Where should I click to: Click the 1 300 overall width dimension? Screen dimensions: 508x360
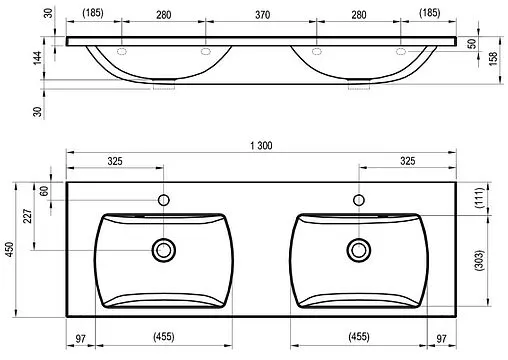tap(261, 146)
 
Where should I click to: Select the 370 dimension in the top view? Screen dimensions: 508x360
tap(262, 15)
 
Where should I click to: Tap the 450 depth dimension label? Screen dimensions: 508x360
tap(10, 249)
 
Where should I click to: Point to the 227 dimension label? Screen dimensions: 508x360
tap(28, 216)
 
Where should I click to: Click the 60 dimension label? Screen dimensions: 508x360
tap(44, 191)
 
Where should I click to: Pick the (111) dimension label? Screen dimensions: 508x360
tap(479, 198)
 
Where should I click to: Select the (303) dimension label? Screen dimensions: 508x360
tap(479, 260)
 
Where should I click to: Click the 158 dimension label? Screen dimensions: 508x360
tap(493, 58)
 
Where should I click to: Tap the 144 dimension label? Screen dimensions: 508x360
tap(37, 58)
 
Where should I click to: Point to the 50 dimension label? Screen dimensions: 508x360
tap(472, 44)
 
